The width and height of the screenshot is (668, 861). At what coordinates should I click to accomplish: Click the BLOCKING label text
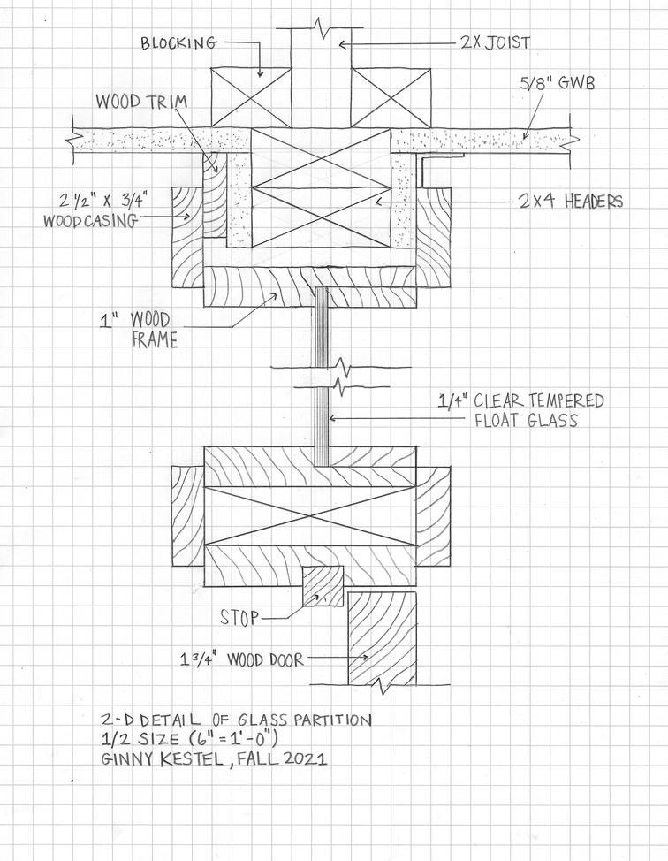click(178, 43)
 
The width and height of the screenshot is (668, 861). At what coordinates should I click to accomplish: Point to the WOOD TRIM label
click(141, 102)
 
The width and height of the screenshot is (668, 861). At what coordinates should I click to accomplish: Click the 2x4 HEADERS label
click(571, 202)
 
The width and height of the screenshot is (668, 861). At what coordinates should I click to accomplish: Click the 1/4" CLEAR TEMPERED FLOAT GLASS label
click(521, 410)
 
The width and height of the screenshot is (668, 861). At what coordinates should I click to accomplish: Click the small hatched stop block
click(323, 586)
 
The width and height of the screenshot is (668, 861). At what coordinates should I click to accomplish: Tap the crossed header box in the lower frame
click(310, 513)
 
